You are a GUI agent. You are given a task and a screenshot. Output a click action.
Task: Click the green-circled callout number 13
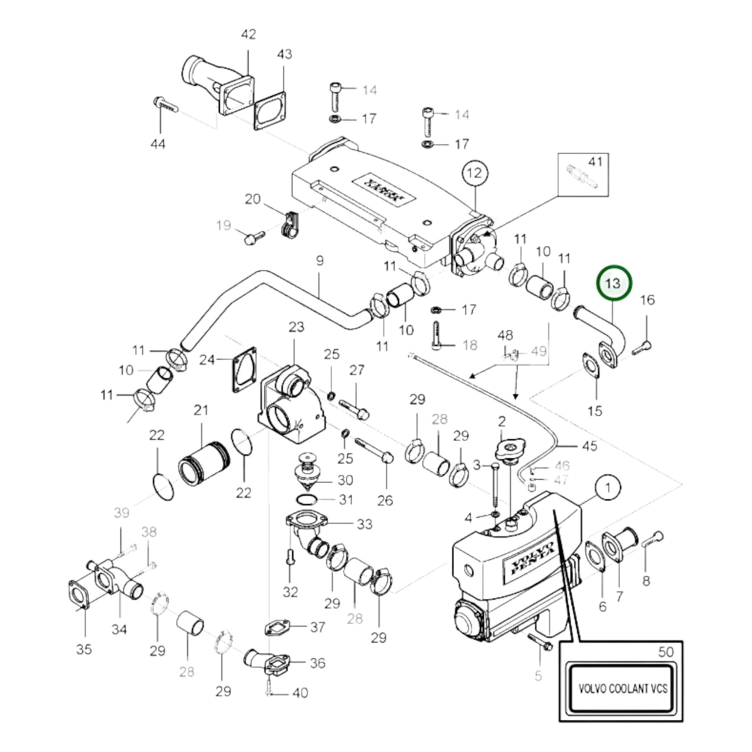click(x=614, y=283)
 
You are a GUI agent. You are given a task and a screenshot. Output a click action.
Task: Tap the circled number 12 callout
click(x=475, y=172)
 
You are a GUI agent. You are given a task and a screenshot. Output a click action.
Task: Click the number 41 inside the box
click(x=595, y=162)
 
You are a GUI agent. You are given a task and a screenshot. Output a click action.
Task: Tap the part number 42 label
click(x=248, y=34)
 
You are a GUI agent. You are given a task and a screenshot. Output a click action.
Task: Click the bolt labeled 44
click(x=165, y=105)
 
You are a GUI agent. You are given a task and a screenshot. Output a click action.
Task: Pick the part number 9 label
click(x=320, y=260)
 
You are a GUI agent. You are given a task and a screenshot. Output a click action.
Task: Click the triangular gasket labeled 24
click(x=245, y=369)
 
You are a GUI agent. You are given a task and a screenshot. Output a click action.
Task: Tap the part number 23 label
click(x=296, y=327)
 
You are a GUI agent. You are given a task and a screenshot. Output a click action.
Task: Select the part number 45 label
click(x=589, y=446)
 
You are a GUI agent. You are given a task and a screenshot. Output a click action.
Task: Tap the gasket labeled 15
click(x=592, y=365)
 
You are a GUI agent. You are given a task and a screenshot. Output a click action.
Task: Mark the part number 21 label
click(x=201, y=410)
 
